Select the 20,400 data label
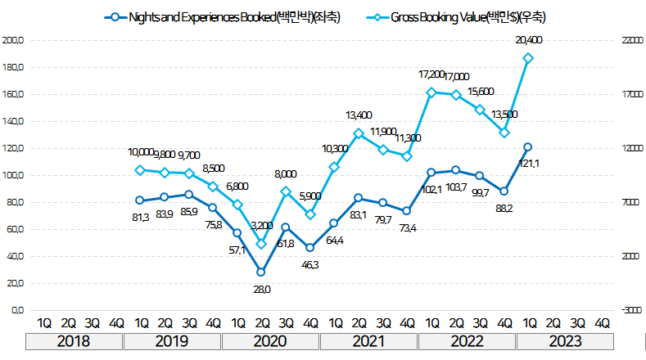click(x=528, y=40)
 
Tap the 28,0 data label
click(x=261, y=289)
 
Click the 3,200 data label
click(x=262, y=225)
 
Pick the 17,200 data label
click(x=431, y=74)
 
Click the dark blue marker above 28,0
click(x=261, y=272)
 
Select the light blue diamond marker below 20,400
click(x=528, y=58)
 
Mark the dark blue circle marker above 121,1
click(x=528, y=147)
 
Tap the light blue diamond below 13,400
click(x=359, y=133)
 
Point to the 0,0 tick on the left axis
click(x=17, y=310)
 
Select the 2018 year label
click(x=75, y=342)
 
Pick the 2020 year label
click(x=270, y=342)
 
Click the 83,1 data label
click(x=358, y=215)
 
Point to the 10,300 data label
click(x=334, y=149)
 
